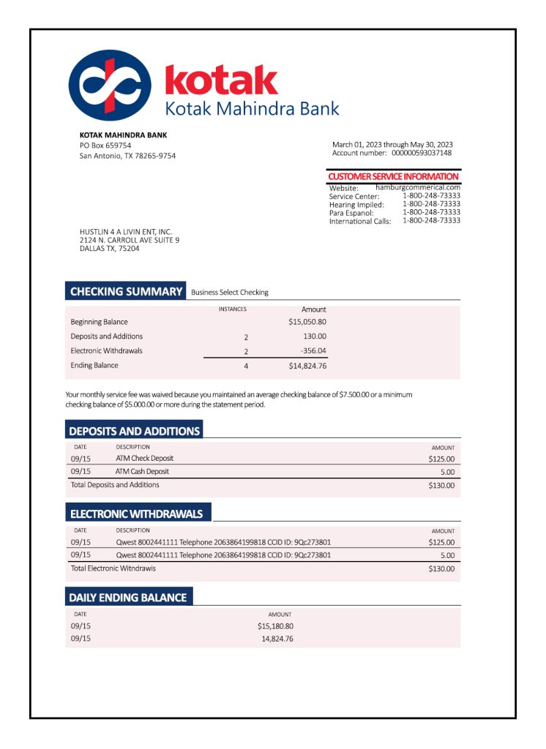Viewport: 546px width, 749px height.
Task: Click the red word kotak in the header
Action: pos(221,80)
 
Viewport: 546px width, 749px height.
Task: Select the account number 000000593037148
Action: pos(422,153)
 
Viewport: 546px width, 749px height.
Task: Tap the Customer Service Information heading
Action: pos(393,176)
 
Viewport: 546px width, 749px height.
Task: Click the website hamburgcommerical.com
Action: pos(418,187)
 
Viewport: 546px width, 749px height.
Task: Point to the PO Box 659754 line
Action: pos(105,146)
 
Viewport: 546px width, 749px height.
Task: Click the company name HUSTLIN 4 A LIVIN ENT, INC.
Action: pos(125,232)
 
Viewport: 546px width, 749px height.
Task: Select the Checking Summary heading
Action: pos(126,292)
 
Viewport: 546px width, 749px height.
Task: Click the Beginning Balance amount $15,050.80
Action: pos(307,322)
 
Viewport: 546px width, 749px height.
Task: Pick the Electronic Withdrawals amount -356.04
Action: pos(314,351)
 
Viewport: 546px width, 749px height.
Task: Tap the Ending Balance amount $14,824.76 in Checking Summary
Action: pos(307,366)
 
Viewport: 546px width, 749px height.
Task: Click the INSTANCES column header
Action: pos(233,309)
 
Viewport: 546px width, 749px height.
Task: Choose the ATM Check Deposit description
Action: pos(144,459)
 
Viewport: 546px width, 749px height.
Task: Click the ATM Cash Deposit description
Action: pos(142,472)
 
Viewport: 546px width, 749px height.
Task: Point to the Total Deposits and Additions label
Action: pos(115,485)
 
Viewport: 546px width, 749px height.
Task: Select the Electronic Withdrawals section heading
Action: pos(136,514)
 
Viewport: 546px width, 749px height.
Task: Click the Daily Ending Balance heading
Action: pos(127,598)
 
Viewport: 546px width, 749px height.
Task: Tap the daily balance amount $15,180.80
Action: pos(275,626)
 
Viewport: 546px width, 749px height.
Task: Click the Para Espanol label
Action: pos(351,213)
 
